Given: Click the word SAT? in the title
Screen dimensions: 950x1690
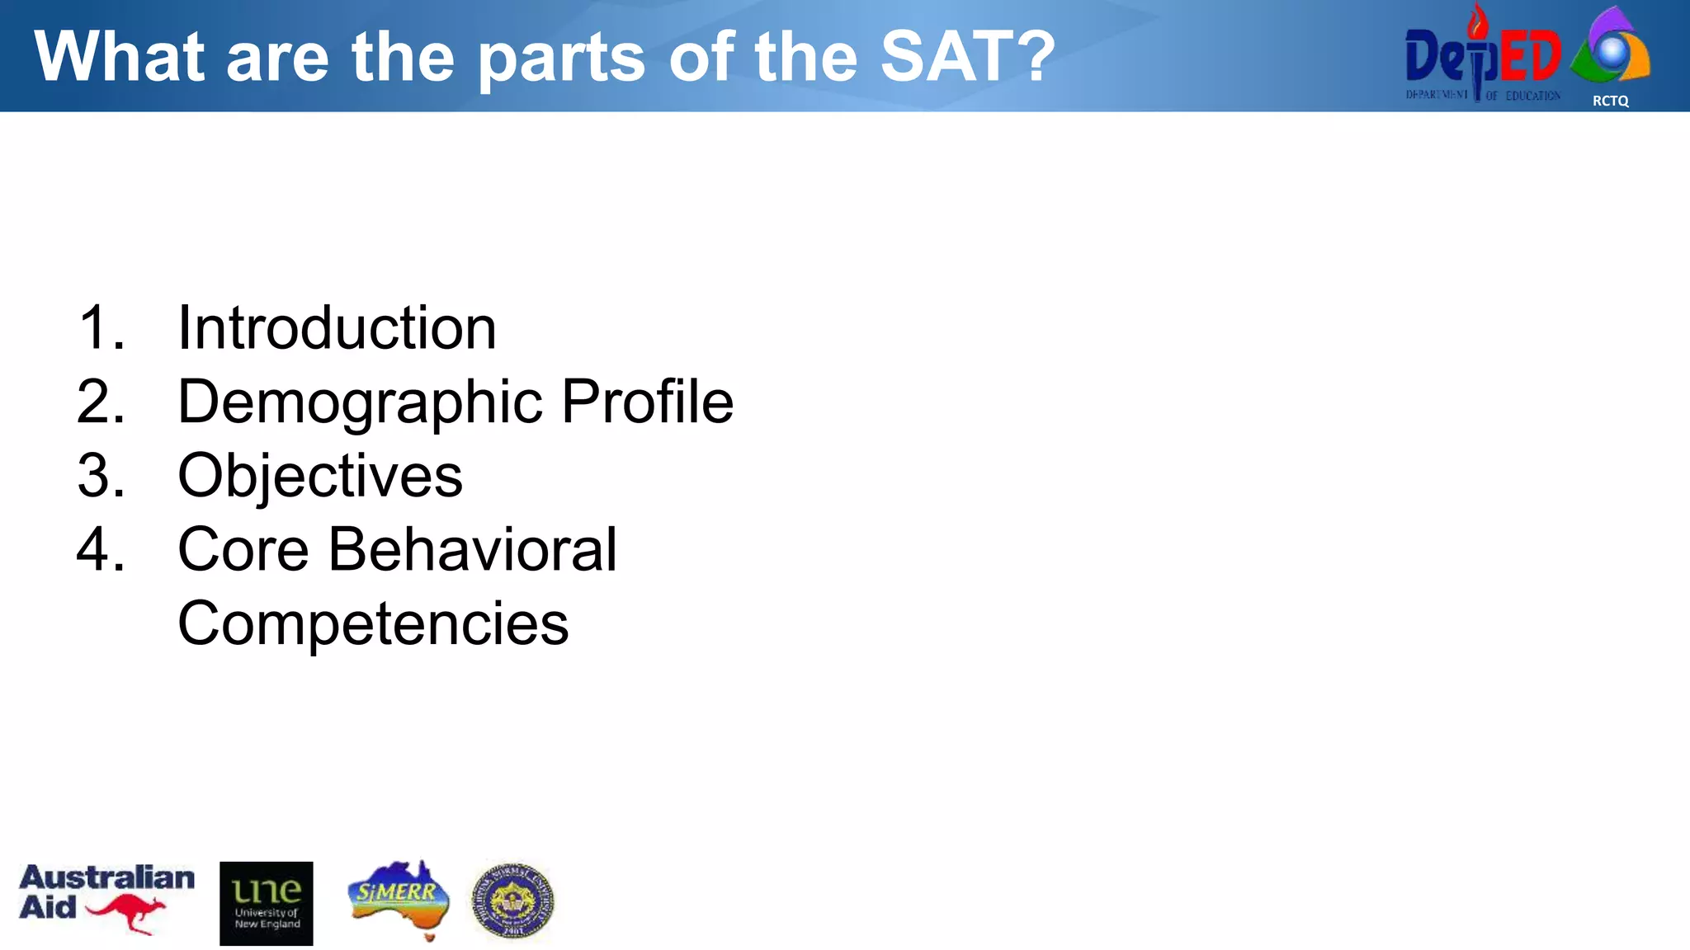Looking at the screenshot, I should coord(967,56).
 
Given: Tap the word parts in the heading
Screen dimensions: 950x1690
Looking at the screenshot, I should coord(561,58).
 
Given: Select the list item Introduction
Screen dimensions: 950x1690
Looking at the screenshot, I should coord(337,328).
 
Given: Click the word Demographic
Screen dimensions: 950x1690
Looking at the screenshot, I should coord(360,402).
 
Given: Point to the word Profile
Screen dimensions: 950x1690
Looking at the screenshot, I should coord(647,402).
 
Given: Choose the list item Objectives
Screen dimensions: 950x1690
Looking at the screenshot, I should coord(320,477).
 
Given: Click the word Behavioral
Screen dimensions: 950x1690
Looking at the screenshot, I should coord(472,550).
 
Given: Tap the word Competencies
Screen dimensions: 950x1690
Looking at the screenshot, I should coord(373,624).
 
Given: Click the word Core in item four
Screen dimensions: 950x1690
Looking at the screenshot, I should coord(243,550).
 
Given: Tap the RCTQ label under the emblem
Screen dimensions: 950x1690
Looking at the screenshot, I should coord(1610,101).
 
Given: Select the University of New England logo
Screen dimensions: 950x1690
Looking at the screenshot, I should coord(266,903).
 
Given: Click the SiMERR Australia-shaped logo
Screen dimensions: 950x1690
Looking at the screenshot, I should coord(399,899).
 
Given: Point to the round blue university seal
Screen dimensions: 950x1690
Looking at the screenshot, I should coord(512,901).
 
